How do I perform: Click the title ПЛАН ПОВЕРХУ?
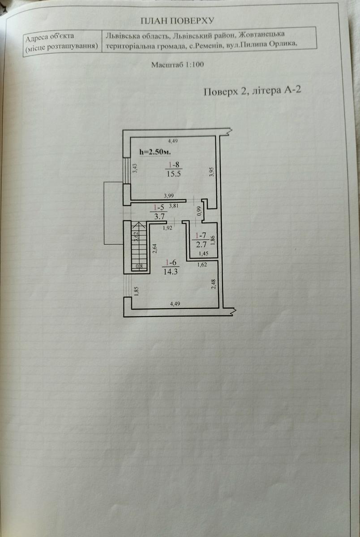[178, 20]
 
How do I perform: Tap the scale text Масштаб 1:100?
[177, 64]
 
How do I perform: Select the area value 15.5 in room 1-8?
[173, 175]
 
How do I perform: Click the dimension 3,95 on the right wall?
[212, 172]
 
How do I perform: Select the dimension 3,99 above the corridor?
[169, 196]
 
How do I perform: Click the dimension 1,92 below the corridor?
[167, 227]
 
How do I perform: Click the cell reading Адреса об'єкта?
[50, 36]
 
